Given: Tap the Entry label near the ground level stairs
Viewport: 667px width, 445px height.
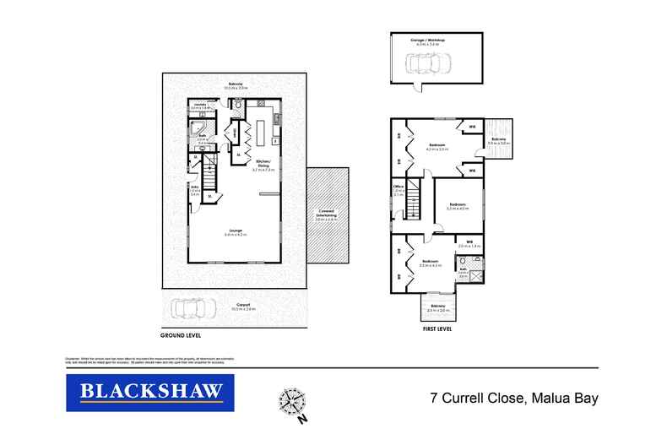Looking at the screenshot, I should coord(194,188).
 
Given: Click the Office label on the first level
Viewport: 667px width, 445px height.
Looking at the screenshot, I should coord(398,187).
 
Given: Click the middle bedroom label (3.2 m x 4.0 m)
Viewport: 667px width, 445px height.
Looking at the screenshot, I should coord(458,205).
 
